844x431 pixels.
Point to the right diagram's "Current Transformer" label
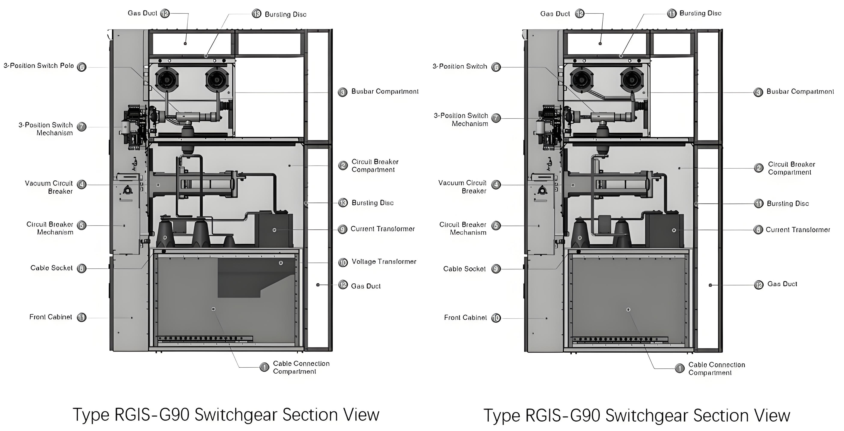pos(798,230)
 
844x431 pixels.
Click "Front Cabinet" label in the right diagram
pos(465,317)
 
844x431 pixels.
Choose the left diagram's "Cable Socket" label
pos(51,268)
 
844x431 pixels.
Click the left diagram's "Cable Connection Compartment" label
pos(301,367)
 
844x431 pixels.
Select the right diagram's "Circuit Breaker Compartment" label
pos(791,168)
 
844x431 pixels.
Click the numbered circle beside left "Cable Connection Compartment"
pos(264,367)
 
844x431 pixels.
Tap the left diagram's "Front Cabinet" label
pos(51,317)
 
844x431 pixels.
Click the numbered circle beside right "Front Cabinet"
pos(496,318)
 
